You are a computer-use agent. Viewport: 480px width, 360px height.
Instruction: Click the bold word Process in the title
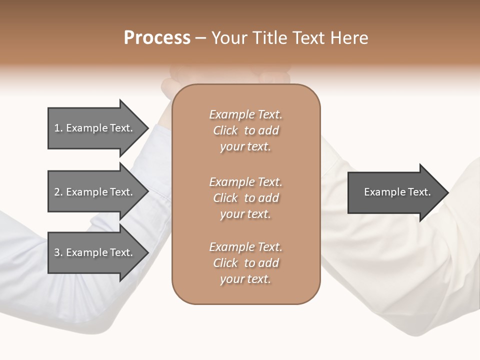(157, 38)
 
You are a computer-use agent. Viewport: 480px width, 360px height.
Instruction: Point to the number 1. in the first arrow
(58, 128)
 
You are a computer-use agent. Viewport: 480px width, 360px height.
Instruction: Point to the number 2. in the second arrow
(58, 192)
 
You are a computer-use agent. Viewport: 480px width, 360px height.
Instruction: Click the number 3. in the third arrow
(58, 252)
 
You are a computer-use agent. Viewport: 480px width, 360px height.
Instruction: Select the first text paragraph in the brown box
(245, 130)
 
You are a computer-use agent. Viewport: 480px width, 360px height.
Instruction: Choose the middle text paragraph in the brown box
(245, 198)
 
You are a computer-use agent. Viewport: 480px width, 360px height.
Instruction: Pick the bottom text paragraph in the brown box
(245, 263)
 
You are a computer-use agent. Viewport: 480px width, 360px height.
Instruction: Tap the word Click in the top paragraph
(225, 130)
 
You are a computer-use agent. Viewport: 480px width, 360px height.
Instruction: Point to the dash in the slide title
(201, 38)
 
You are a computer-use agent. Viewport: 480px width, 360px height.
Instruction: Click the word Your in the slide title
(230, 38)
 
